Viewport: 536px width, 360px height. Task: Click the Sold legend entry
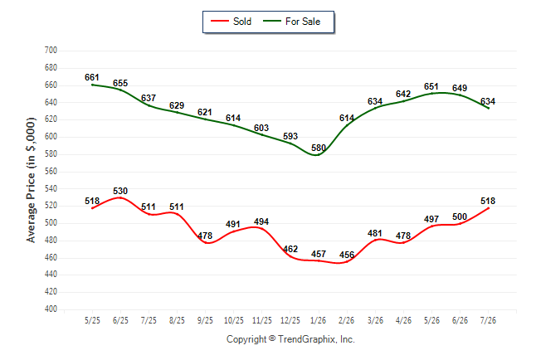point(231,22)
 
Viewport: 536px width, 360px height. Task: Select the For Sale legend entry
point(291,22)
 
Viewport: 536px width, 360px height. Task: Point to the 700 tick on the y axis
point(51,51)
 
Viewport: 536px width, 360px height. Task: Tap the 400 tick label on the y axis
point(51,309)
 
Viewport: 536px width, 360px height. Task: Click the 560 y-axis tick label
point(51,171)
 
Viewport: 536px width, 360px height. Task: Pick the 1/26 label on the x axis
point(319,321)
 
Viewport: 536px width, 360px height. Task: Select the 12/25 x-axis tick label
point(290,321)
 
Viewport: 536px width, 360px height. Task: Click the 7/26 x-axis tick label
point(488,321)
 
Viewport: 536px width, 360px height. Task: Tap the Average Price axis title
point(31,180)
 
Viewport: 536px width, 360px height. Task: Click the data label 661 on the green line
point(92,78)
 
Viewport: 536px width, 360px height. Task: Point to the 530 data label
point(120,191)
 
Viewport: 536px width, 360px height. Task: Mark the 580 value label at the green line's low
point(319,148)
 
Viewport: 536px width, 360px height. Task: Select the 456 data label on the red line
point(347,255)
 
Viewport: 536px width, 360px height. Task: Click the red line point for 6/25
point(120,197)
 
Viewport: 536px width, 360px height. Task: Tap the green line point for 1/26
point(319,154)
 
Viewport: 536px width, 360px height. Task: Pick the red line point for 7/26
point(488,208)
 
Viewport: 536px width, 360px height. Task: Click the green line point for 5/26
point(431,93)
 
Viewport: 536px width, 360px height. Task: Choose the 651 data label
point(431,87)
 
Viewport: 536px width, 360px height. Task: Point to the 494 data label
point(261,221)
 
